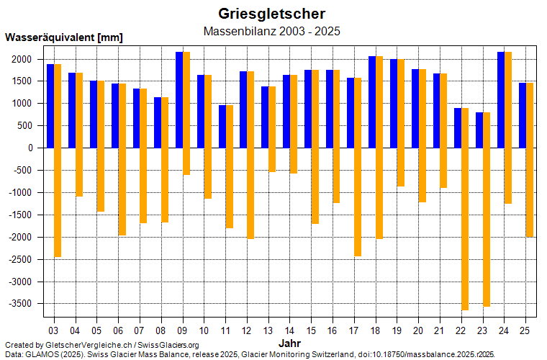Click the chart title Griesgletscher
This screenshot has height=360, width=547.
pyautogui.click(x=271, y=14)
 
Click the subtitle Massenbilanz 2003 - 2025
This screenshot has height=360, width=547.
pyautogui.click(x=271, y=32)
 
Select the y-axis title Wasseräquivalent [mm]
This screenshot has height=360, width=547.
pyautogui.click(x=64, y=37)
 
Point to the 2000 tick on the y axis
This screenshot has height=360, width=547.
pyautogui.click(x=24, y=59)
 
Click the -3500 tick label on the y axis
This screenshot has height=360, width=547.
pyautogui.click(x=22, y=304)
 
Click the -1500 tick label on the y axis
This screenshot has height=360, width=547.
pyautogui.click(x=22, y=215)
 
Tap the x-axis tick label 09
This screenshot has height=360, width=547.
pyautogui.click(x=183, y=330)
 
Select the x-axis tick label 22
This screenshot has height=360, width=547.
pyautogui.click(x=461, y=330)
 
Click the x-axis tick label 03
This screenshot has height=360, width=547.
pyautogui.click(x=54, y=330)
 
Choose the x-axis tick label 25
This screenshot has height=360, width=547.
pyautogui.click(x=525, y=330)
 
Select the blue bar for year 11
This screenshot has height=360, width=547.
pyautogui.click(x=222, y=126)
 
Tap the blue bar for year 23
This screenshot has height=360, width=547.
pyautogui.click(x=479, y=130)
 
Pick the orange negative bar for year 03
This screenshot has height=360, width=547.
pyautogui.click(x=58, y=202)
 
